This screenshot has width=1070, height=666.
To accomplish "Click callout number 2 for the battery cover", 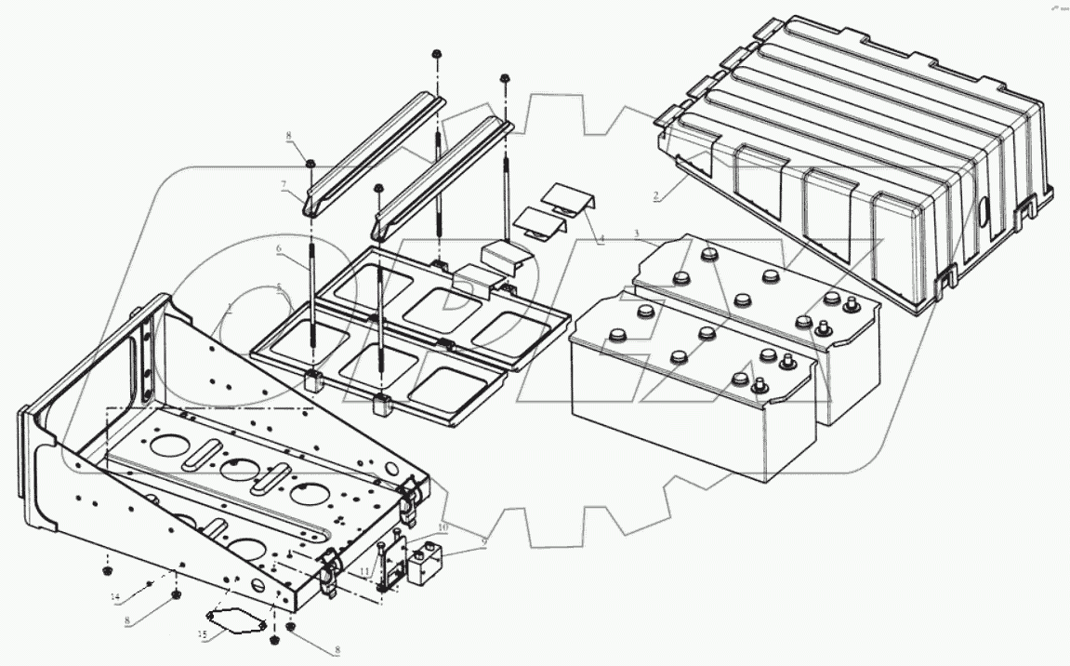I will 656,196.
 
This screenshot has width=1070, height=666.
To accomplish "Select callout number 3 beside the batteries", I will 636,232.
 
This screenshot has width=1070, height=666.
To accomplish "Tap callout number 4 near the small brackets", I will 601,239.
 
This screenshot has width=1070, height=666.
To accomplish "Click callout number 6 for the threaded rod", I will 277,250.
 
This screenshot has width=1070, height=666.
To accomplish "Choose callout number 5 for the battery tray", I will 277,288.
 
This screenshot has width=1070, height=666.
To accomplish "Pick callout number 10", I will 443,527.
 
